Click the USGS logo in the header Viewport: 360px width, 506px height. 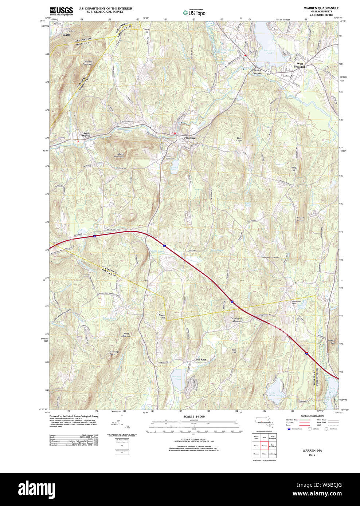tap(61, 11)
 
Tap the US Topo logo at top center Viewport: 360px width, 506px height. tap(194, 12)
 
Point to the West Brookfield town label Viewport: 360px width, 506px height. tap(300, 66)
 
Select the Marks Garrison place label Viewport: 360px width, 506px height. tap(257, 72)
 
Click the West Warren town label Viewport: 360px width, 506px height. tap(86, 134)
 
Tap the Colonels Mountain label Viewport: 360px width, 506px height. tap(88, 63)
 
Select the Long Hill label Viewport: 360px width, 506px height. tap(293, 169)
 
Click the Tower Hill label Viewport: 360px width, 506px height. tap(161, 316)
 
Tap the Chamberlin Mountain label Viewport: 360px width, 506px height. tap(236, 320)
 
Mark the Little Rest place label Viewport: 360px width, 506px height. tap(200, 360)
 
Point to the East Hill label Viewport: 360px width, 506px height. tap(234, 351)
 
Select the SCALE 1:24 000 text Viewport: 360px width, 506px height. tap(194, 416)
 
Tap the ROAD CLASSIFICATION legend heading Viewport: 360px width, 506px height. tap(312, 416)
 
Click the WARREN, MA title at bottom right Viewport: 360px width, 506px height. tap(312, 451)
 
